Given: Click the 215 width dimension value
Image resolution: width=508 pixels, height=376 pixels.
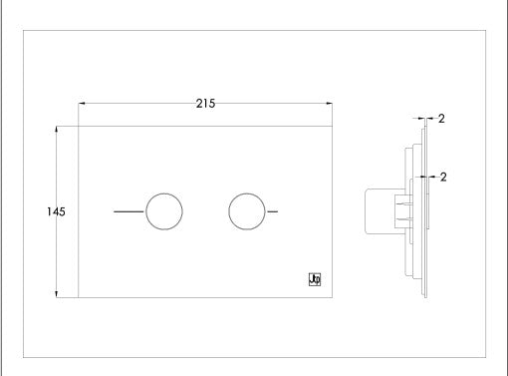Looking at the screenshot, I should click(x=206, y=104).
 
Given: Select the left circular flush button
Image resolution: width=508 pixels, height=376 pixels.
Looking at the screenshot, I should click(x=164, y=211).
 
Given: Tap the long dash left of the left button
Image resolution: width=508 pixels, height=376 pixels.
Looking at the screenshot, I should click(x=128, y=211).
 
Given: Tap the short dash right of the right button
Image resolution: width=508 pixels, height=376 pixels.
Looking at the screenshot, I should click(x=272, y=211).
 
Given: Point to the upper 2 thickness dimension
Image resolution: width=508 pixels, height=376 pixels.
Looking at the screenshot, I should click(x=440, y=119).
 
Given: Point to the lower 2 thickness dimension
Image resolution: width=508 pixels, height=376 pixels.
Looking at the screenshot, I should click(x=440, y=177).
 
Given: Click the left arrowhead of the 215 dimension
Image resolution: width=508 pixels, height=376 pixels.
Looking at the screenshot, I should click(x=83, y=104).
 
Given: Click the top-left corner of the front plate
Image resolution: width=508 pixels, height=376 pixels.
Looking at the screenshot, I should click(x=79, y=128).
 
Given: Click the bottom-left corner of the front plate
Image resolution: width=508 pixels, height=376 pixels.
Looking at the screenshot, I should click(x=79, y=296).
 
